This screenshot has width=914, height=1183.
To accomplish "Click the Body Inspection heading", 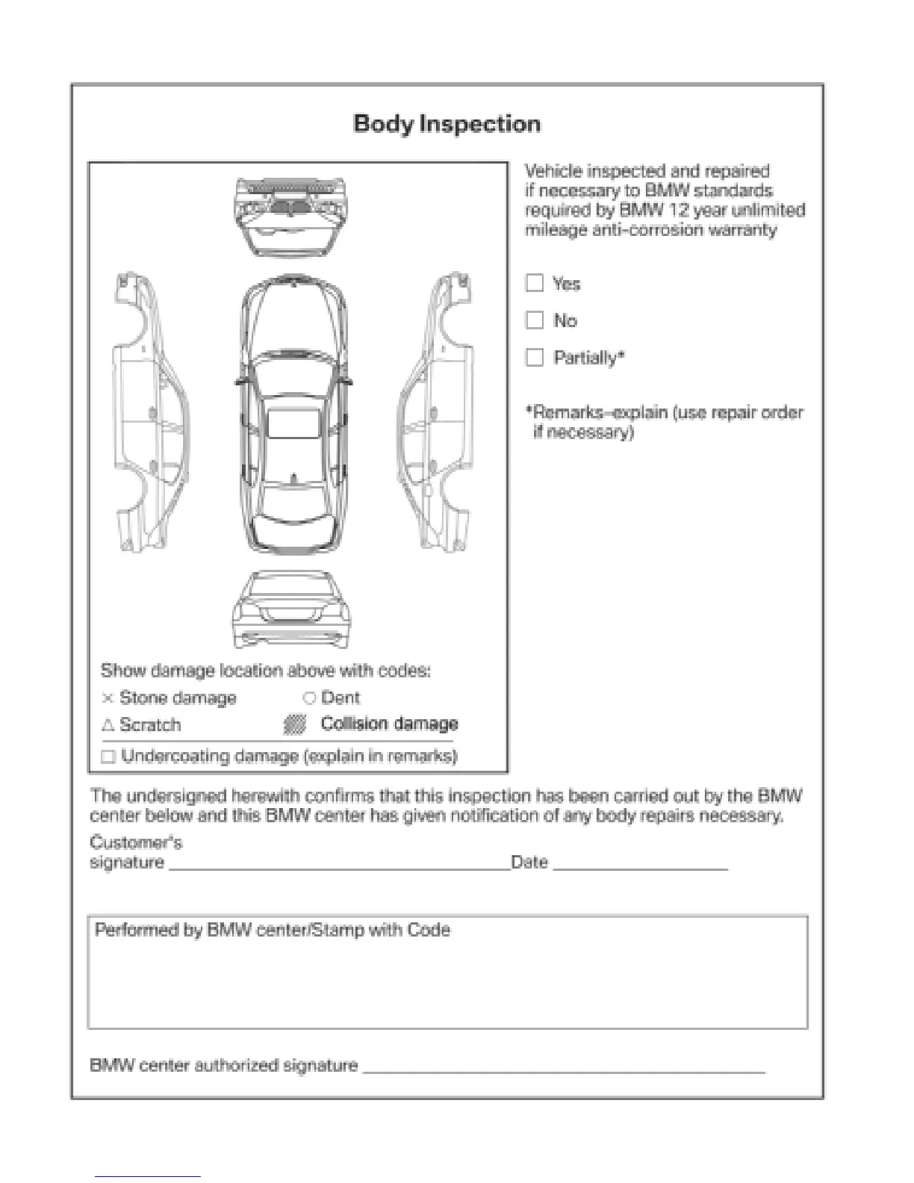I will pyautogui.click(x=447, y=124).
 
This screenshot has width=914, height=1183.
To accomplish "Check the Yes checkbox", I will pyautogui.click(x=535, y=283).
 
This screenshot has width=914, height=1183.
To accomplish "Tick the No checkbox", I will pyautogui.click(x=535, y=320).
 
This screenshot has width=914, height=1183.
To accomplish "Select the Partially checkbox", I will pyautogui.click(x=535, y=358).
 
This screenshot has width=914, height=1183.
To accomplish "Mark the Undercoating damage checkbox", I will pyautogui.click(x=108, y=757).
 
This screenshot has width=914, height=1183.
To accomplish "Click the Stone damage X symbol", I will pyautogui.click(x=108, y=698).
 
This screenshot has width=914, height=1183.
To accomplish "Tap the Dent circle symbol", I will pyautogui.click(x=309, y=698).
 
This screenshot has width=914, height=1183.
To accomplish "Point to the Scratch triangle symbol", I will pyautogui.click(x=108, y=725).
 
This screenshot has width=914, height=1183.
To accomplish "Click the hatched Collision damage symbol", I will pyautogui.click(x=296, y=724).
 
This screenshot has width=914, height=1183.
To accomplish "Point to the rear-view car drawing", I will pyautogui.click(x=290, y=610).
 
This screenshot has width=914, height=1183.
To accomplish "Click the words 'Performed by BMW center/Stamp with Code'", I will pyautogui.click(x=273, y=931).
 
